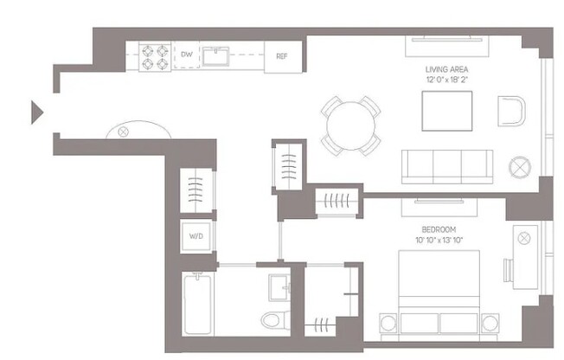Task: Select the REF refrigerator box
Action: tap(281, 56)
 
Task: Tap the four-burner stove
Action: tap(152, 56)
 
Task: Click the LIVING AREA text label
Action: tap(447, 68)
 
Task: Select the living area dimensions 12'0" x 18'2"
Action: tap(447, 80)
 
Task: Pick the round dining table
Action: tap(350, 126)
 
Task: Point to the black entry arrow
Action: tap(37, 112)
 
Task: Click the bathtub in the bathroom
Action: tap(200, 303)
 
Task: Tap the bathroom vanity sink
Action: tap(279, 286)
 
